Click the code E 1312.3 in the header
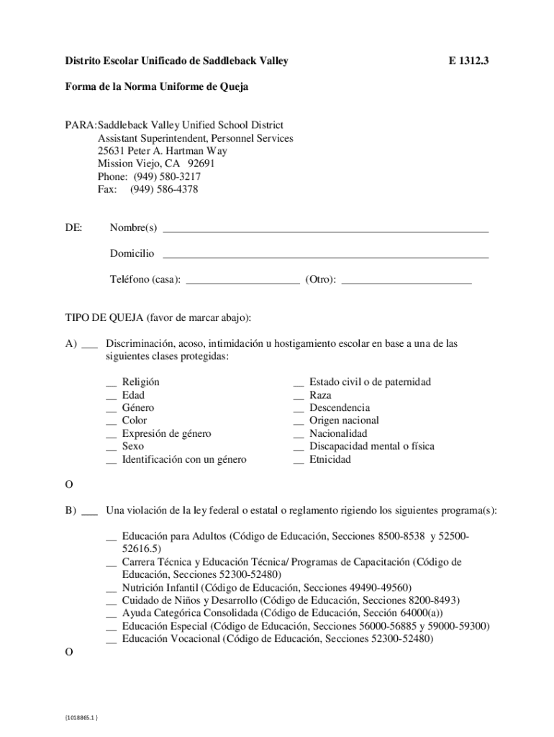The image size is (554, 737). [x=468, y=62]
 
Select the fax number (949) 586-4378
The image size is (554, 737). [x=163, y=189]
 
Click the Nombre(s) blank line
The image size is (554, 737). [x=326, y=230]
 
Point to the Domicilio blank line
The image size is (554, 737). [x=326, y=256]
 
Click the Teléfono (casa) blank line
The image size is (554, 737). [x=242, y=282]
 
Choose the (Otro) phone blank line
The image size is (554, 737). [x=407, y=282]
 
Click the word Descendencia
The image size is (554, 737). [x=340, y=407]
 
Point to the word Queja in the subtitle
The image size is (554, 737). [x=230, y=87]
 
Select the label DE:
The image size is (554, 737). [x=74, y=228]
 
